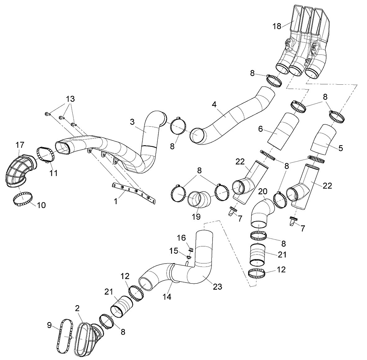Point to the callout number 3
pyautogui.click(x=132, y=122)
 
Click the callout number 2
pyautogui.click(x=77, y=309)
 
